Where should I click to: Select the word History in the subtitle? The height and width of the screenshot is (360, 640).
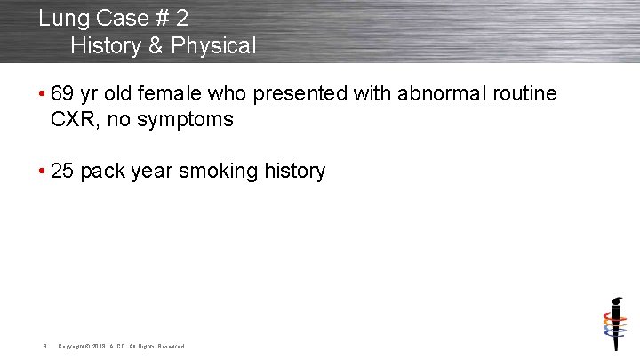pos(106,45)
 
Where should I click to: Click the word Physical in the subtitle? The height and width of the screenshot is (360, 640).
pos(214,45)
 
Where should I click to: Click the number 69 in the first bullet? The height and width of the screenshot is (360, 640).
pos(63,93)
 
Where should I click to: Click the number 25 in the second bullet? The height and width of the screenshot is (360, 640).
pos(63,171)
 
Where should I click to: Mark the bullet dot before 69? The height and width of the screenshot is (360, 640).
pos(43,94)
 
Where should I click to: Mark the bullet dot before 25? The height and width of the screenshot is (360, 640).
pos(43,172)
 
